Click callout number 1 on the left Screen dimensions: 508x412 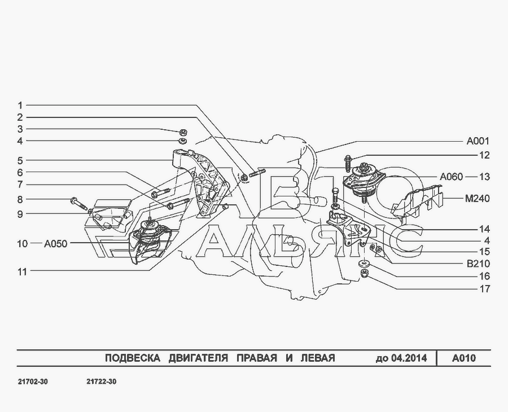click(20, 106)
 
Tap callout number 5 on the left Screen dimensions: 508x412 click(20, 160)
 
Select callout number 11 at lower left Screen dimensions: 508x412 click(22, 271)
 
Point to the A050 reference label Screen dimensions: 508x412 click(55, 244)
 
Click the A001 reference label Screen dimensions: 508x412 click(478, 141)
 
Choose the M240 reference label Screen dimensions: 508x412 click(477, 198)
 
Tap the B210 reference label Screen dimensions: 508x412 click(478, 264)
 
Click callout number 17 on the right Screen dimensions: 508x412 click(485, 288)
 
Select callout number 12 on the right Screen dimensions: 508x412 click(484, 155)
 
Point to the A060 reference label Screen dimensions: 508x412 click(452, 177)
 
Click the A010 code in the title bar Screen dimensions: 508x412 click(464, 358)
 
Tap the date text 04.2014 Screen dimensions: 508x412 click(409, 358)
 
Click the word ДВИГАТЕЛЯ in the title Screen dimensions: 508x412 click(198, 358)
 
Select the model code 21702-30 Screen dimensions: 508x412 click(32, 382)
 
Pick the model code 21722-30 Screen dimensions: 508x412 click(102, 382)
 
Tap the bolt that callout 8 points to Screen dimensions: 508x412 click(78, 203)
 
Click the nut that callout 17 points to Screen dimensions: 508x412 click(365, 274)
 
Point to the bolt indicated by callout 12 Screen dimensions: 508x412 click(348, 164)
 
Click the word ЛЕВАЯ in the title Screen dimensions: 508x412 click(318, 358)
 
